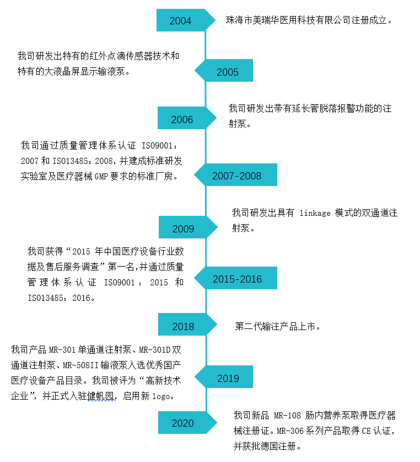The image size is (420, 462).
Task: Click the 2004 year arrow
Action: coord(185,20)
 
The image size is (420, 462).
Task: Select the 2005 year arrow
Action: coord(224,71)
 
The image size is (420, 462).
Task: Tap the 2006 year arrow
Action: coord(187,118)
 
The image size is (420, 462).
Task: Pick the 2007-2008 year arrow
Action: coord(235,175)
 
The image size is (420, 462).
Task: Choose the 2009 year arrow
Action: coord(188,227)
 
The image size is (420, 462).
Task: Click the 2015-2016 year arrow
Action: coord(235,278)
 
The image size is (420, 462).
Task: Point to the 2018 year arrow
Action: coord(187,325)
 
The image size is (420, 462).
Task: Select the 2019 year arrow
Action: coord(224,377)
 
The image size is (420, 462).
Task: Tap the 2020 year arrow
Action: coord(187,422)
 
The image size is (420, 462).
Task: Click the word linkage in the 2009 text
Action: coord(315,213)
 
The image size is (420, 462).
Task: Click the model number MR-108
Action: coord(287,416)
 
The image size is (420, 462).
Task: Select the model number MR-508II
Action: coord(80,365)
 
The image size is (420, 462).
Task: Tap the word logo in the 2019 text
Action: coord(161,396)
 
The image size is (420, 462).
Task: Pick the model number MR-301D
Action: coord(154,350)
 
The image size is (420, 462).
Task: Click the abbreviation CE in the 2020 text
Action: coord(366,431)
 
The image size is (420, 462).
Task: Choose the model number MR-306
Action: coord(290,431)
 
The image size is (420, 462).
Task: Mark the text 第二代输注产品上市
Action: coord(275,326)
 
